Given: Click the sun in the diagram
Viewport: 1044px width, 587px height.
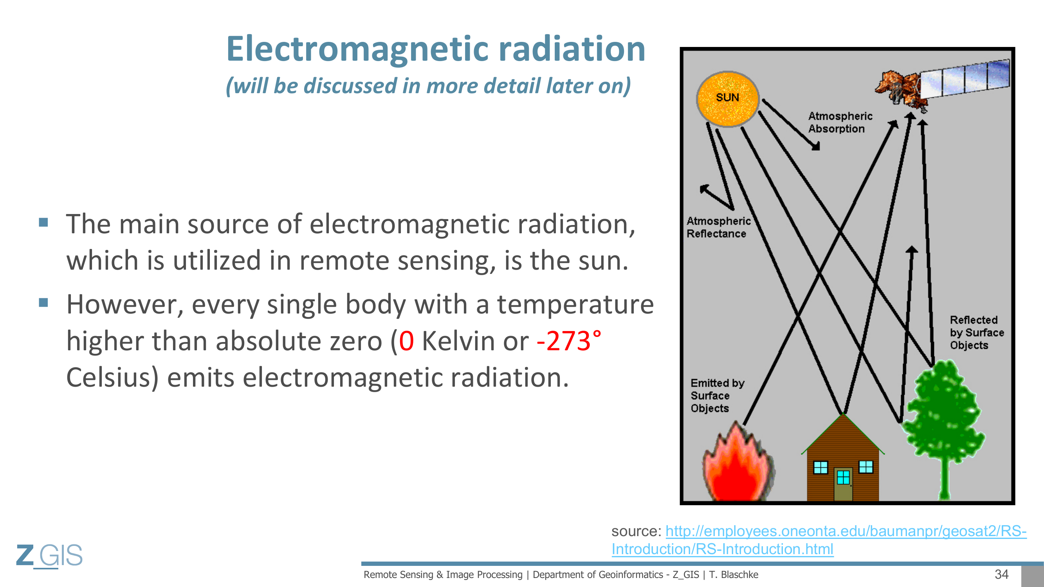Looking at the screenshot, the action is pyautogui.click(x=727, y=99).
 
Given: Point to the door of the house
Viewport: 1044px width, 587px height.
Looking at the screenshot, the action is pyautogui.click(x=843, y=484).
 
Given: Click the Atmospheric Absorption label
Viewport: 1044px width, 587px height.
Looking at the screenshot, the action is pyautogui.click(x=840, y=122).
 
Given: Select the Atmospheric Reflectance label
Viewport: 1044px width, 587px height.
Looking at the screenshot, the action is pyautogui.click(x=719, y=227).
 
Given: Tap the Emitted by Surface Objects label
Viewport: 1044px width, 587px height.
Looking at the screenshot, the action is pyautogui.click(x=718, y=395).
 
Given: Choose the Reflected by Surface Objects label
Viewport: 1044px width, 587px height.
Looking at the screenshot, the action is pyautogui.click(x=977, y=333).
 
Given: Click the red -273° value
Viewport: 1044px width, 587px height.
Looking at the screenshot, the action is pyautogui.click(x=568, y=341).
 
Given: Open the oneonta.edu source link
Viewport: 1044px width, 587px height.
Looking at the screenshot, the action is pyautogui.click(x=819, y=540).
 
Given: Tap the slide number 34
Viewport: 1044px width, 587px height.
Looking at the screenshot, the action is pyautogui.click(x=1001, y=574).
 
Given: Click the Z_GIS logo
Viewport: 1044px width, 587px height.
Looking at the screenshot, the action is pyautogui.click(x=49, y=555).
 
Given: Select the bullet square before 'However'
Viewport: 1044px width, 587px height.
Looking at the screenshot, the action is pyautogui.click(x=43, y=303).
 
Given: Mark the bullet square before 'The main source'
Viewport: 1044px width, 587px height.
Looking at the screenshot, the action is pyautogui.click(x=43, y=222).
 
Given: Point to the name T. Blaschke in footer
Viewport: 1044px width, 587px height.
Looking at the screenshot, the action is pyautogui.click(x=734, y=574).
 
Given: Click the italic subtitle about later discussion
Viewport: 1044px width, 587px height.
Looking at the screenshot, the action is pyautogui.click(x=428, y=86).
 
